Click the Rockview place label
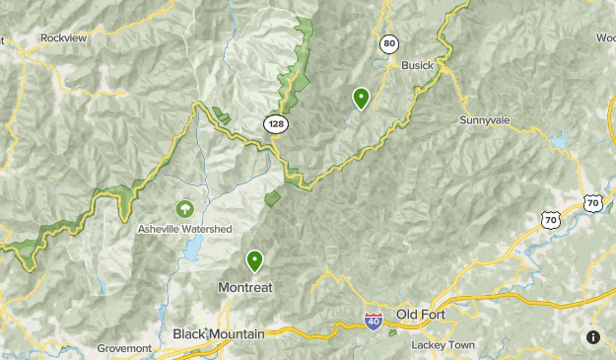[63, 37]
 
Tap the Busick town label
[418, 65]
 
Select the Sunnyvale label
[484, 119]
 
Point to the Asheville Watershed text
[184, 229]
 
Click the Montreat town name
[243, 287]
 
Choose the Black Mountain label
[219, 334]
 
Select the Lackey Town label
[445, 345]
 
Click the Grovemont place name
[125, 348]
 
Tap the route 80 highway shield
[390, 44]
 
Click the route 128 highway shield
[275, 122]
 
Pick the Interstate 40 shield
[372, 322]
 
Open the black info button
[593, 337]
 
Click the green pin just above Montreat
[255, 260]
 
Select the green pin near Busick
[362, 98]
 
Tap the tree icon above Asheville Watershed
[184, 209]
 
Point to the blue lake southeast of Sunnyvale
[561, 141]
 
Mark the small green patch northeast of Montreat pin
[273, 198]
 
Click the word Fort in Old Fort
[434, 315]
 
